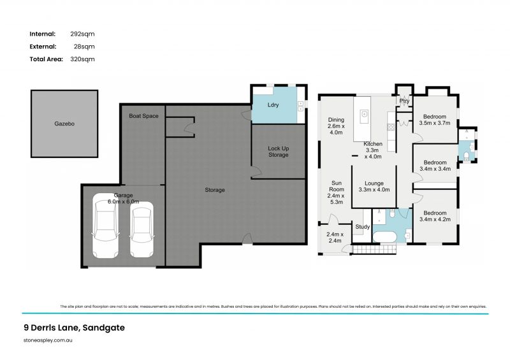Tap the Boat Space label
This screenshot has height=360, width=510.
[143, 116]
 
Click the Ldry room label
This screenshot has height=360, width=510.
[273, 104]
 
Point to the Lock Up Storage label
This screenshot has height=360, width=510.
[278, 152]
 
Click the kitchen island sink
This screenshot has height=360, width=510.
[365, 115]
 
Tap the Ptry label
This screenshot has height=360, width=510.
[404, 101]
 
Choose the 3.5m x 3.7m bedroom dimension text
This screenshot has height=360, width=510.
[436, 124]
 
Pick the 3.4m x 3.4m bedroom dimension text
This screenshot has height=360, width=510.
[436, 169]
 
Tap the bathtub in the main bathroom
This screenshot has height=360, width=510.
[384, 237]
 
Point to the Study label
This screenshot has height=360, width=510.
[362, 227]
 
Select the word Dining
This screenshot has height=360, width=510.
[336, 119]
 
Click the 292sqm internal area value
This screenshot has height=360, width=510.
[82, 34]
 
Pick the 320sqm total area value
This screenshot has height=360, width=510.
[82, 59]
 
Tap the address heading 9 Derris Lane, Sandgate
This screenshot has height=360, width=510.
[71, 328]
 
